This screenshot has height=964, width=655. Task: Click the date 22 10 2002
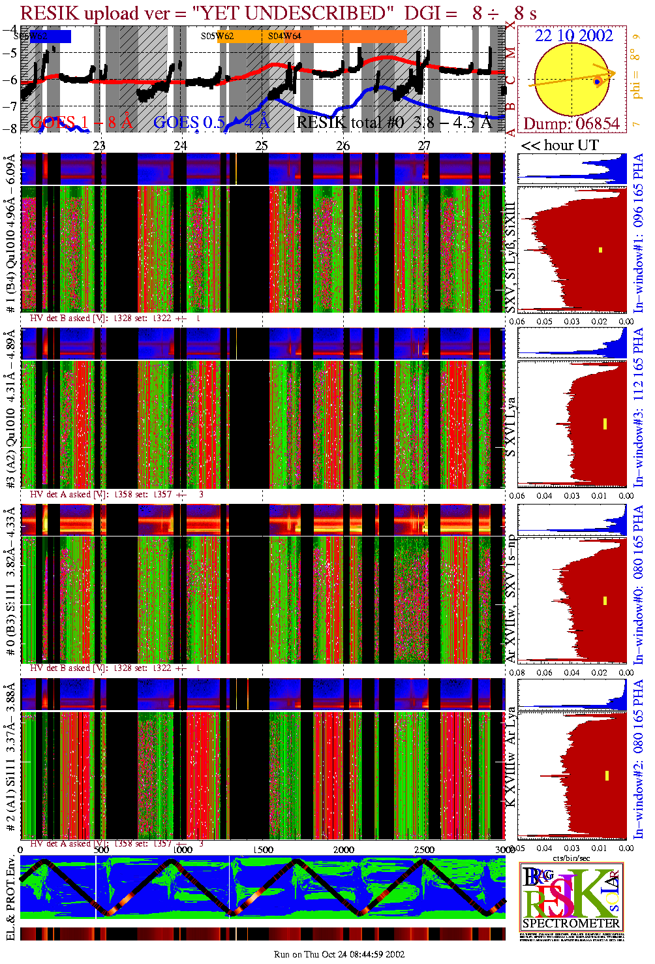pos(573,35)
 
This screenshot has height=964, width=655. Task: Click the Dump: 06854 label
pos(571,123)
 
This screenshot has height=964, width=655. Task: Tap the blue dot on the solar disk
pos(597,82)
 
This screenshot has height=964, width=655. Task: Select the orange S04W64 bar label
pos(284,37)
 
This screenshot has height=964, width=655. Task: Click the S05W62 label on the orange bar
pos(217,37)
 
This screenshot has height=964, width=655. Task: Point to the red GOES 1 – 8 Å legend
pos(81,122)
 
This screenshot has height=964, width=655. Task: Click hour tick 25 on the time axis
pos(262,146)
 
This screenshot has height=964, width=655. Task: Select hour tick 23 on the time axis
pos(99,146)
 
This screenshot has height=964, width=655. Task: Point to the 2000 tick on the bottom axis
pos(344,849)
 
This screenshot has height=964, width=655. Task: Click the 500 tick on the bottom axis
pos(102,849)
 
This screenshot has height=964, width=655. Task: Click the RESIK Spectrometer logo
pos(571,897)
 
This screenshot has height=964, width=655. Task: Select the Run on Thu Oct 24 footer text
pos(339,954)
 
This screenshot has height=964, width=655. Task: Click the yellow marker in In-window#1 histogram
pos(600,250)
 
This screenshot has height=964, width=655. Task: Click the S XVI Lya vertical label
pos(511,428)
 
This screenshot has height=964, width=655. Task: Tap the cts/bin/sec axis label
pos(571,858)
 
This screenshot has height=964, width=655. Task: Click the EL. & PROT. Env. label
pos(10,899)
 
